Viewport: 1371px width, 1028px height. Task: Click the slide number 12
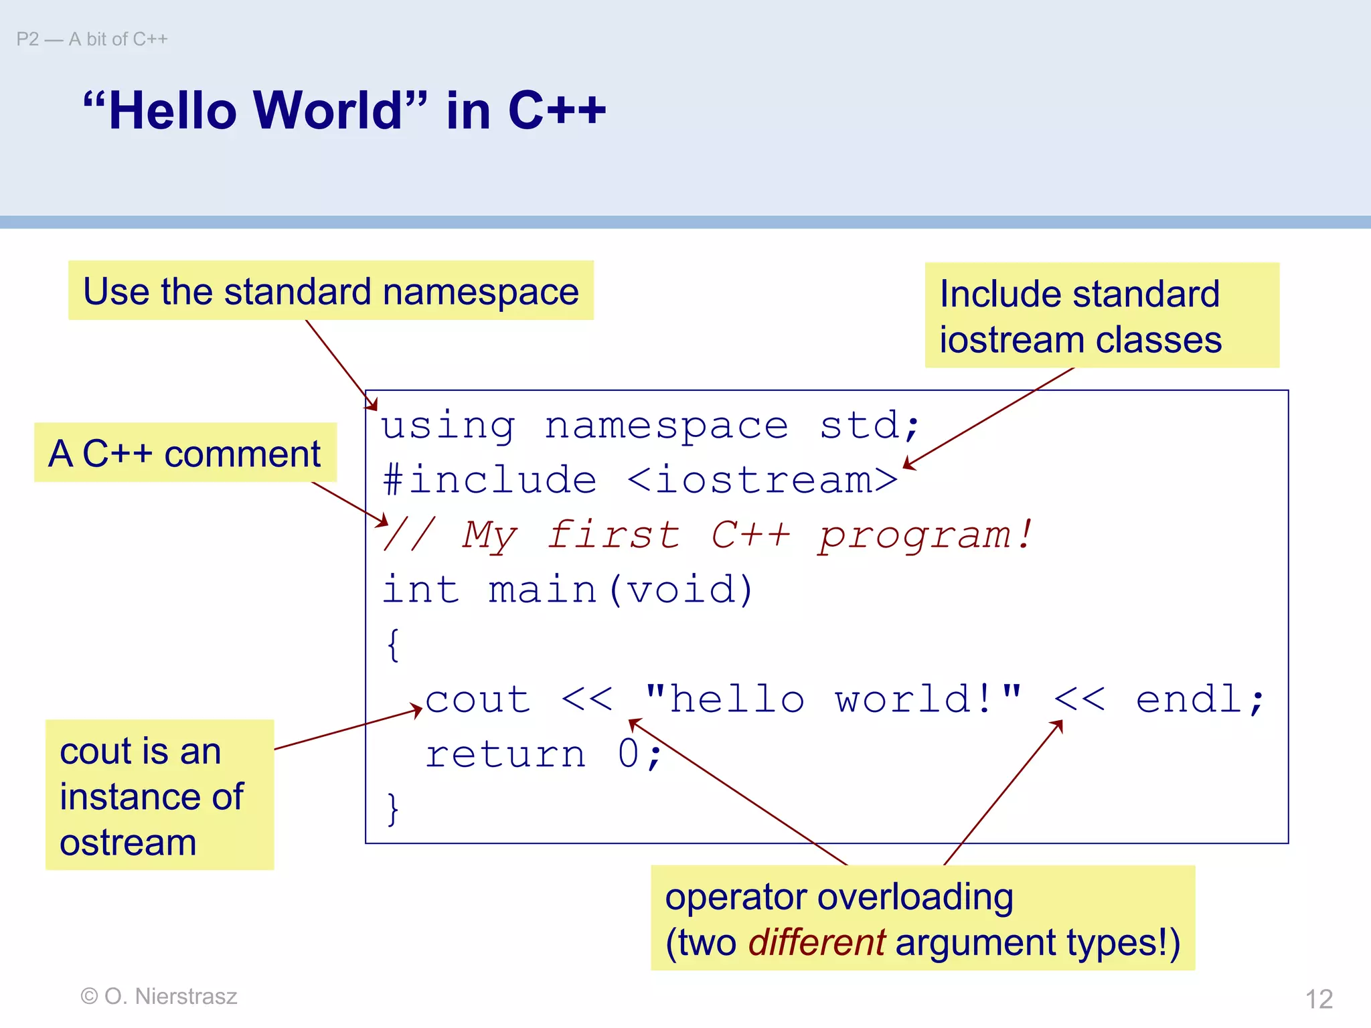pyautogui.click(x=1319, y=999)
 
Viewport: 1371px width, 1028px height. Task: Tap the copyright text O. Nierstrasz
pyautogui.click(x=159, y=996)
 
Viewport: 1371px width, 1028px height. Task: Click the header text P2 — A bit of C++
pyautogui.click(x=92, y=39)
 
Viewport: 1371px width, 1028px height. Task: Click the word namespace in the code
pyautogui.click(x=666, y=426)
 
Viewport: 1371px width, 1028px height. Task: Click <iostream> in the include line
pyautogui.click(x=763, y=481)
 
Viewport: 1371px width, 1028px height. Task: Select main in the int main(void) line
pyautogui.click(x=542, y=590)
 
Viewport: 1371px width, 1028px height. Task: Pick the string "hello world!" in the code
pyautogui.click(x=833, y=700)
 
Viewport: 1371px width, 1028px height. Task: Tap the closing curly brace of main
pyautogui.click(x=393, y=808)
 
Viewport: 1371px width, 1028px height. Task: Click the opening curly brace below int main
pyautogui.click(x=393, y=645)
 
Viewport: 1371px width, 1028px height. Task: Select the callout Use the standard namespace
pyautogui.click(x=331, y=291)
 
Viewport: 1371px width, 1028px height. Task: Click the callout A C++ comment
pyautogui.click(x=185, y=453)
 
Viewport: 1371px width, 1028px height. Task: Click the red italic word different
pyautogui.click(x=817, y=942)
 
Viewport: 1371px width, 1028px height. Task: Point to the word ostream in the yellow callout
pyautogui.click(x=128, y=842)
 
